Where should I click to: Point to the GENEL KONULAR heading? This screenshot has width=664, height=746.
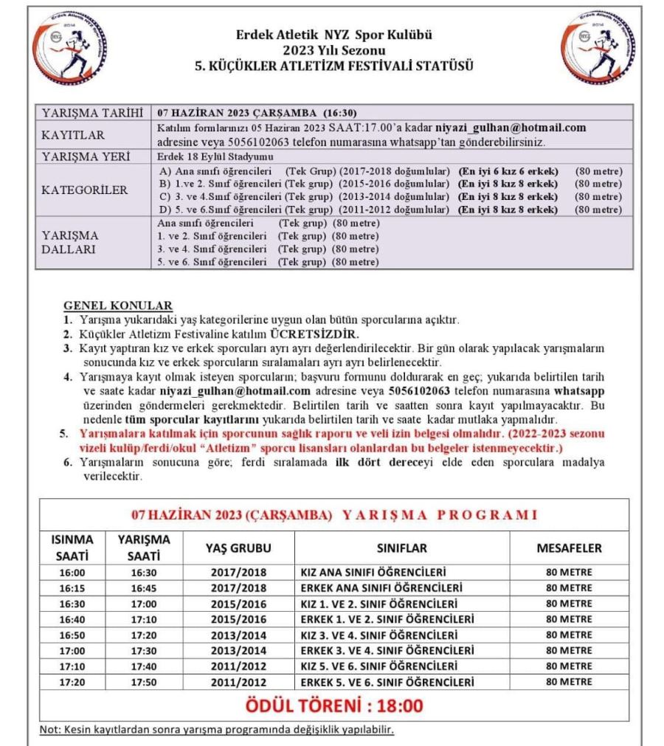[118, 305]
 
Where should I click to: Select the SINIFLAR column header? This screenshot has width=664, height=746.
[401, 548]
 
